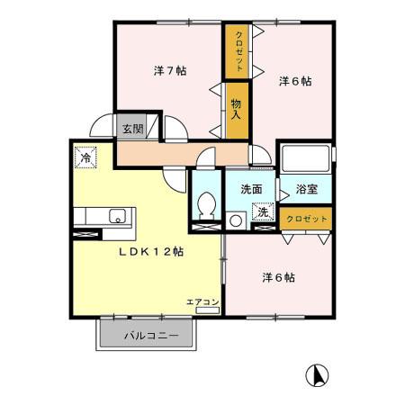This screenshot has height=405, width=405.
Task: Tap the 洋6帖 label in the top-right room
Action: [294, 81]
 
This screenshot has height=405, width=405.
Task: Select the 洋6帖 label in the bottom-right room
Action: [279, 277]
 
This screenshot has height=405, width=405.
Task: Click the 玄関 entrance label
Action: [131, 129]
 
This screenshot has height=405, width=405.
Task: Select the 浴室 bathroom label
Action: [306, 190]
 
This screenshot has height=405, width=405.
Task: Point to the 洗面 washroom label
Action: [251, 190]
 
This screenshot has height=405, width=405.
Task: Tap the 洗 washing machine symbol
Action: [264, 214]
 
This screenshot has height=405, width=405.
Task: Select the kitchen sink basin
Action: [116, 216]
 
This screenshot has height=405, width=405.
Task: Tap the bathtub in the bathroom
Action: [304, 162]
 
